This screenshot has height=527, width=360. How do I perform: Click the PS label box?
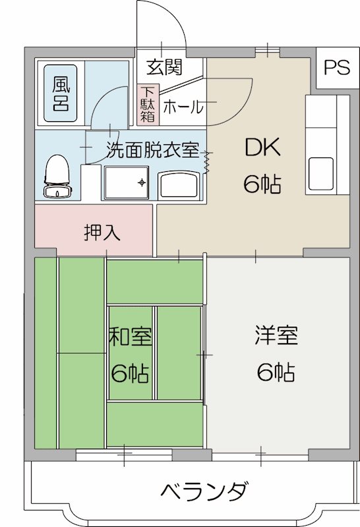pos(336,69)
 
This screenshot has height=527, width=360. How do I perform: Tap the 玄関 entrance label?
pos(164,67)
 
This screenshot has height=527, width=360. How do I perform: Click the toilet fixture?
pos(56,176)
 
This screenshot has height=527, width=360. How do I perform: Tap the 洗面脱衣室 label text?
pos(152,150)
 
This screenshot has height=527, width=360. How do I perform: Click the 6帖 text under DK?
pos(262,184)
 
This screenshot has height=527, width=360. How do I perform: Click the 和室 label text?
pos(130,338)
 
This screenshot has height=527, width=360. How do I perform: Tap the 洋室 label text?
pos(276,336)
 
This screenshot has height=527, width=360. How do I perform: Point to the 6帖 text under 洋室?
pos(276,373)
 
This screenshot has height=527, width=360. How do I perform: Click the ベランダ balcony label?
pos(204,491)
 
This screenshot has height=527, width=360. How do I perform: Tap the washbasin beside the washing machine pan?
pos(179,185)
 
